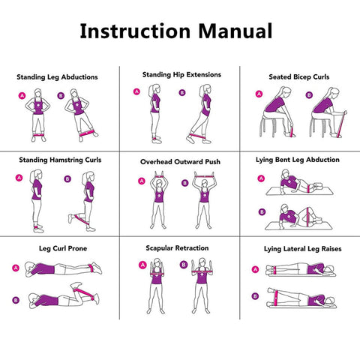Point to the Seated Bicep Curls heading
pyautogui.click(x=298, y=76)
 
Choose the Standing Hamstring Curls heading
pyautogui.click(x=60, y=160)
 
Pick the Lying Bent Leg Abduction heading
pyautogui.click(x=298, y=160)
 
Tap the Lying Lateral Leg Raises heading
pyautogui.click(x=298, y=247)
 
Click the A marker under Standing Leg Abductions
pyautogui.click(x=22, y=96)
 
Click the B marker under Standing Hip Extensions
pyautogui.click(x=182, y=93)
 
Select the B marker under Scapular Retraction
pyautogui.click(x=184, y=264)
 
